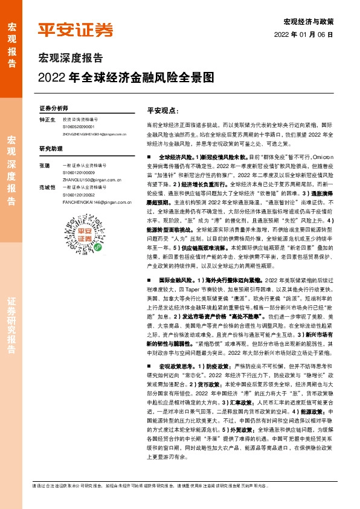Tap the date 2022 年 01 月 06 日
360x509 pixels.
point(307,34)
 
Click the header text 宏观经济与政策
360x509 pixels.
point(309,21)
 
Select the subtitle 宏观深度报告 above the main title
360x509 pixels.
point(71,59)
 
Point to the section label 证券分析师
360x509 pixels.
point(54,108)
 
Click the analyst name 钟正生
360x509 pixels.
point(48,120)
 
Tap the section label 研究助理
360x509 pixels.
point(51,148)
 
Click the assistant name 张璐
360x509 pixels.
point(45,165)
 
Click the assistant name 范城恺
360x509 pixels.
point(48,188)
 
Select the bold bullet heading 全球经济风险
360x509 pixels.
point(174,157)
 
